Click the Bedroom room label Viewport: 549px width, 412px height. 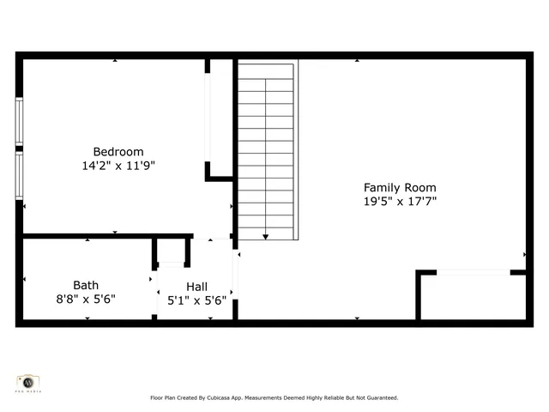(x=118, y=152)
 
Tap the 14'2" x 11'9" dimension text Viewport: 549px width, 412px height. (x=118, y=166)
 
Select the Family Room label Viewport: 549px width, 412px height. (x=400, y=188)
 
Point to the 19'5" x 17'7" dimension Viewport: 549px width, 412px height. (x=400, y=202)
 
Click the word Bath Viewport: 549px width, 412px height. (x=86, y=285)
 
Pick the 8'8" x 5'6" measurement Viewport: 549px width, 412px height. (x=86, y=299)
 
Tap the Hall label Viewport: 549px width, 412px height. (x=196, y=287)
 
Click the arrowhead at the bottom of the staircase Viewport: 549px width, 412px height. (x=266, y=236)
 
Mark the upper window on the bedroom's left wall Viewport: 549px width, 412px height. (x=19, y=123)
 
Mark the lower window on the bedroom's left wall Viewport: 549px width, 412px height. (x=19, y=176)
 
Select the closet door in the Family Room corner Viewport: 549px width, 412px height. (x=473, y=272)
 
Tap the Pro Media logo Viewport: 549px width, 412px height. (x=28, y=383)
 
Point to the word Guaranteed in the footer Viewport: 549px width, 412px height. (x=381, y=398)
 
